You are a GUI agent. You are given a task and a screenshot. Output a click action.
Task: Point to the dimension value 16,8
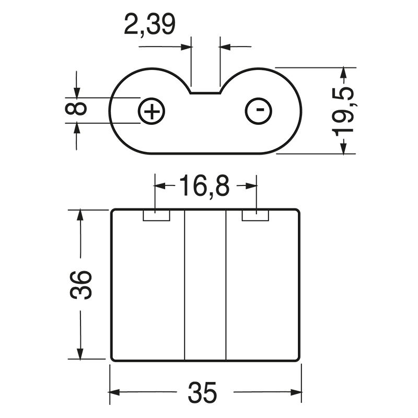pyautogui.click(x=204, y=187)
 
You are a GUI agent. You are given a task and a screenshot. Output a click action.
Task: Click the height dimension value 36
pyautogui.click(x=81, y=285)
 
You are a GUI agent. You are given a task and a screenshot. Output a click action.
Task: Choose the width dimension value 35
pyautogui.click(x=203, y=392)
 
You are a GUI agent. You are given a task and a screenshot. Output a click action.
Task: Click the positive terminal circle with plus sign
pyautogui.click(x=152, y=111)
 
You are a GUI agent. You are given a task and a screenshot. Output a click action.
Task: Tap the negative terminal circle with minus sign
pyautogui.click(x=259, y=111)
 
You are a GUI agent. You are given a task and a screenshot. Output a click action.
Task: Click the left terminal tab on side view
pyautogui.click(x=157, y=215)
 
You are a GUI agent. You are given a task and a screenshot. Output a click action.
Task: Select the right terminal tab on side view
pyautogui.click(x=256, y=215)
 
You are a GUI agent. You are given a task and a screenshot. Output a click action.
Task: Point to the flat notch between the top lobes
pyautogui.click(x=205, y=92)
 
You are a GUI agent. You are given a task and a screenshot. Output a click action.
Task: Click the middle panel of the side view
pyautogui.click(x=205, y=285)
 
